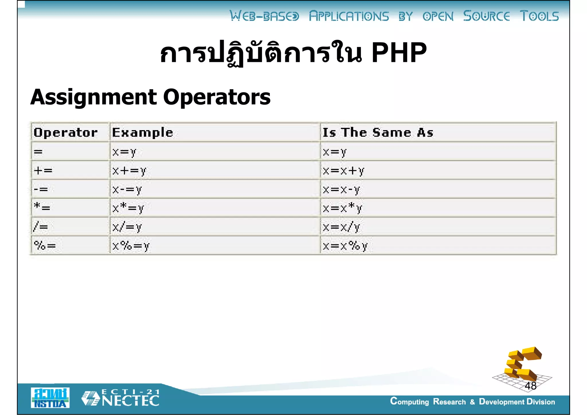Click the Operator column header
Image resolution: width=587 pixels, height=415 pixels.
66,132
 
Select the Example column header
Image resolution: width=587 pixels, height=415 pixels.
142,132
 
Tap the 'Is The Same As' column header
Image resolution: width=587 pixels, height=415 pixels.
378,132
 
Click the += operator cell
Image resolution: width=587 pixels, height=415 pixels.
43,171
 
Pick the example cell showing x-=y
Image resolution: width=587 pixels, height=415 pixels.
127,189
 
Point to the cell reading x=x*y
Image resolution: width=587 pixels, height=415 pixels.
343,208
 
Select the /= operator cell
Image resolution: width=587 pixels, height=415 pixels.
41,227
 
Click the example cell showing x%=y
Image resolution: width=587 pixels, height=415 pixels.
131,246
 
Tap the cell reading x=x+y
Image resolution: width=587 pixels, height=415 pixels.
343,171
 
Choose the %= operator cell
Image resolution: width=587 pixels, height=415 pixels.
45,246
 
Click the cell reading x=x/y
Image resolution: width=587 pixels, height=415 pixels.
341,227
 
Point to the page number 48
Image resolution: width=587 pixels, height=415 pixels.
531,386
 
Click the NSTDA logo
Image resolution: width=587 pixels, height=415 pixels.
50,398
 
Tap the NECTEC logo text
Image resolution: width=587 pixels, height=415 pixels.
130,400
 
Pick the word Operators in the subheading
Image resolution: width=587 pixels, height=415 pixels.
217,97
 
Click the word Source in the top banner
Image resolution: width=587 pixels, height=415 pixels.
486,16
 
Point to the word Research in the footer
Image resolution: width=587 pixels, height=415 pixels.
449,402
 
